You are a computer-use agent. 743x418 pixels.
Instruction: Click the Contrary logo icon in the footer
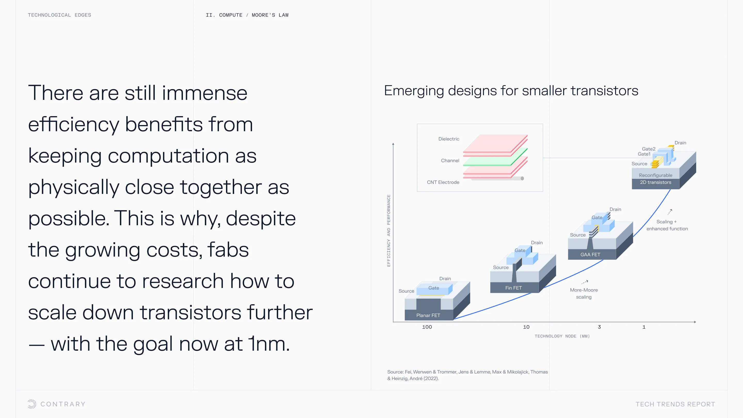point(32,404)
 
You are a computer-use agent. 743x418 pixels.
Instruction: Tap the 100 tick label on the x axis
point(427,327)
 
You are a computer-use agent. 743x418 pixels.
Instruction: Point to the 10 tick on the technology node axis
point(526,327)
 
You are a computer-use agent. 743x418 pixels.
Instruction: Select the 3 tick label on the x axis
point(599,327)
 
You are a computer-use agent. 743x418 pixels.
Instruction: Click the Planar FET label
point(428,315)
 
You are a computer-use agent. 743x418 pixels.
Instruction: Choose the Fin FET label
point(513,288)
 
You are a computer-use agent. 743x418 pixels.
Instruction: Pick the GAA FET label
point(590,254)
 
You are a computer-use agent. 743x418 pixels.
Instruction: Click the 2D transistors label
point(656,182)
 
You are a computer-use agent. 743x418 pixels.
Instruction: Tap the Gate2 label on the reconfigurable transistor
point(649,149)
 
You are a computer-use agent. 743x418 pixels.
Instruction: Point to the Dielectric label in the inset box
point(449,139)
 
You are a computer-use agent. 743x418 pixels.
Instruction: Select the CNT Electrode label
point(443,182)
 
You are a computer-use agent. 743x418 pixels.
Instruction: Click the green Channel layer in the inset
point(495,157)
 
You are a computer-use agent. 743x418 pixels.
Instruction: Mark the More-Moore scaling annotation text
point(584,293)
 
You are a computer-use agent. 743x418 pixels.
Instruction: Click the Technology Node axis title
point(562,336)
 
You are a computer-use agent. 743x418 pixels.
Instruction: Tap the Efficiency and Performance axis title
point(389,230)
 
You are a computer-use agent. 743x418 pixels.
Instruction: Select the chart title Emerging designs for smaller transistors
point(511,91)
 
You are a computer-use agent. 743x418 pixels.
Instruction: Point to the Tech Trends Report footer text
point(675,404)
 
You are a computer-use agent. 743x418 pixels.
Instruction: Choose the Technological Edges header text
point(59,15)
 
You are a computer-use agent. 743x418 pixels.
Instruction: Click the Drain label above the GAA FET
point(615,210)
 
